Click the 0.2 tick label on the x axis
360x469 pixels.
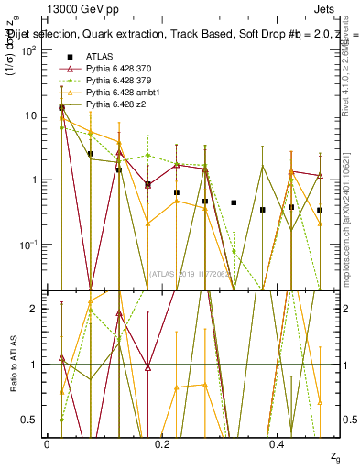pyautogui.click(x=162, y=444)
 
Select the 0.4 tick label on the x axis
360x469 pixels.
pyautogui.click(x=278, y=444)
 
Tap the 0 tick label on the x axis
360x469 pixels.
pyautogui.click(x=47, y=444)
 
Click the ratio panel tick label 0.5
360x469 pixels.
pyautogui.click(x=31, y=420)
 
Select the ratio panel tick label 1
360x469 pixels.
pyautogui.click(x=34, y=365)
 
